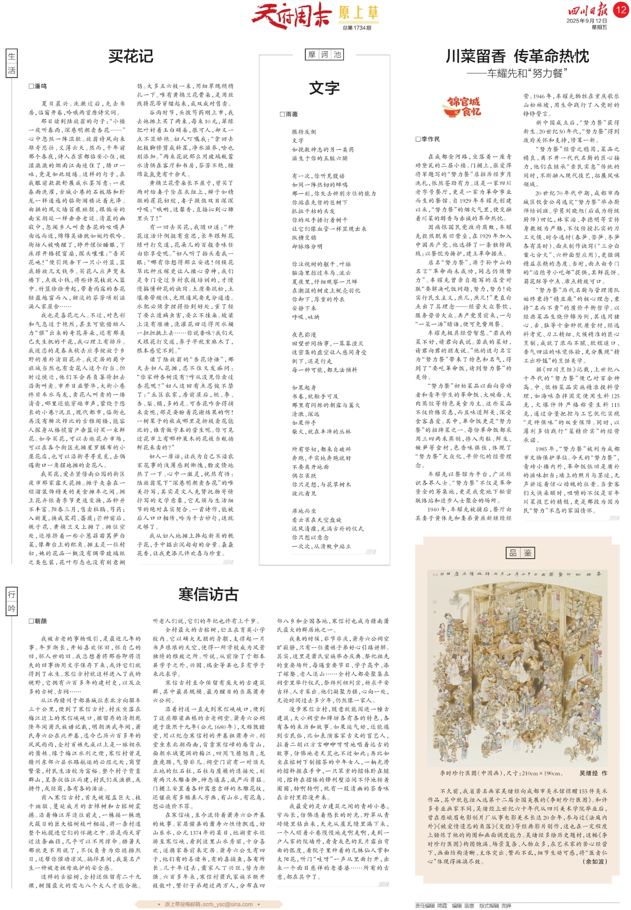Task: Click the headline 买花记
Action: pyautogui.click(x=131, y=56)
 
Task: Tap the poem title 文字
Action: pyautogui.click(x=324, y=88)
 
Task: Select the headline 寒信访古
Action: pyautogui.click(x=208, y=594)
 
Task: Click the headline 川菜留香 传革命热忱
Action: pyautogui.click(x=517, y=56)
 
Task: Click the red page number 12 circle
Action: pyautogui.click(x=621, y=10)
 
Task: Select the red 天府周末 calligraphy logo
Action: pyautogui.click(x=291, y=14)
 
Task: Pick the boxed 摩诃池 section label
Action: pyautogui.click(x=325, y=55)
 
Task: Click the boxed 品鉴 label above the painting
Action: pyautogui.click(x=520, y=552)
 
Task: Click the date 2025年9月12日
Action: pyautogui.click(x=586, y=21)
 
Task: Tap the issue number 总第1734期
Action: pyautogui.click(x=357, y=28)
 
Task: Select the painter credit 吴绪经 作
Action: pyautogui.click(x=593, y=773)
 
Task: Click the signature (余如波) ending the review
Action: pyautogui.click(x=595, y=861)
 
